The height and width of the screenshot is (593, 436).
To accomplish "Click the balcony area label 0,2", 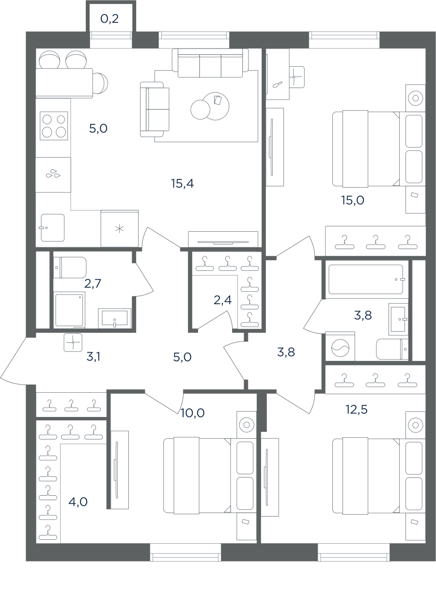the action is click(109, 19).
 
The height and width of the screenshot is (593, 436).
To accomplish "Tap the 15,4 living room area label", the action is click(183, 183).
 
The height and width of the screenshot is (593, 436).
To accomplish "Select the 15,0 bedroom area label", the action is click(353, 200).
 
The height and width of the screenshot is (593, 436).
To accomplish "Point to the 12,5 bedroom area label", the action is click(357, 409).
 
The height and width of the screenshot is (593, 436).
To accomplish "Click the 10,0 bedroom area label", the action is click(192, 413).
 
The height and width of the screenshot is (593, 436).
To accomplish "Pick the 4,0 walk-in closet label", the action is click(78, 502).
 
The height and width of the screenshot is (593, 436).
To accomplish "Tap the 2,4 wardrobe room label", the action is click(222, 300).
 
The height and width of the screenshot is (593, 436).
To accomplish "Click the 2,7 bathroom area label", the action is click(93, 283).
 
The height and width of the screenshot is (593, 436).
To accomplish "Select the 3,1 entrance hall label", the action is click(93, 357).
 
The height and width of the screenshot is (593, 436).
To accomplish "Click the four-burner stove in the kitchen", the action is click(54, 126).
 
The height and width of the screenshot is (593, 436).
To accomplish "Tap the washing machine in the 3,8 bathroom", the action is click(340, 346).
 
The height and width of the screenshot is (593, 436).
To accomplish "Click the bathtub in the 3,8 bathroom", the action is click(366, 279).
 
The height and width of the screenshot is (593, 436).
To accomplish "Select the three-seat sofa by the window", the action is click(210, 63).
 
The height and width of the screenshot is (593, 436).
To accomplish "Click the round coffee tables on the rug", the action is click(210, 106).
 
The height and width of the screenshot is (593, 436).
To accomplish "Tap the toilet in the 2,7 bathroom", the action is click(70, 267).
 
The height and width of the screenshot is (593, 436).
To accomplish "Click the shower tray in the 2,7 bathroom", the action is click(69, 310).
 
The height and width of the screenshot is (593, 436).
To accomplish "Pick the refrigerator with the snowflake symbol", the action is click(120, 228).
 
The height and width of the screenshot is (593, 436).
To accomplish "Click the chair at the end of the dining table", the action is click(100, 83).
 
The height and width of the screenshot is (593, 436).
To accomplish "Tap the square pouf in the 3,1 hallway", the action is click(73, 342).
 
